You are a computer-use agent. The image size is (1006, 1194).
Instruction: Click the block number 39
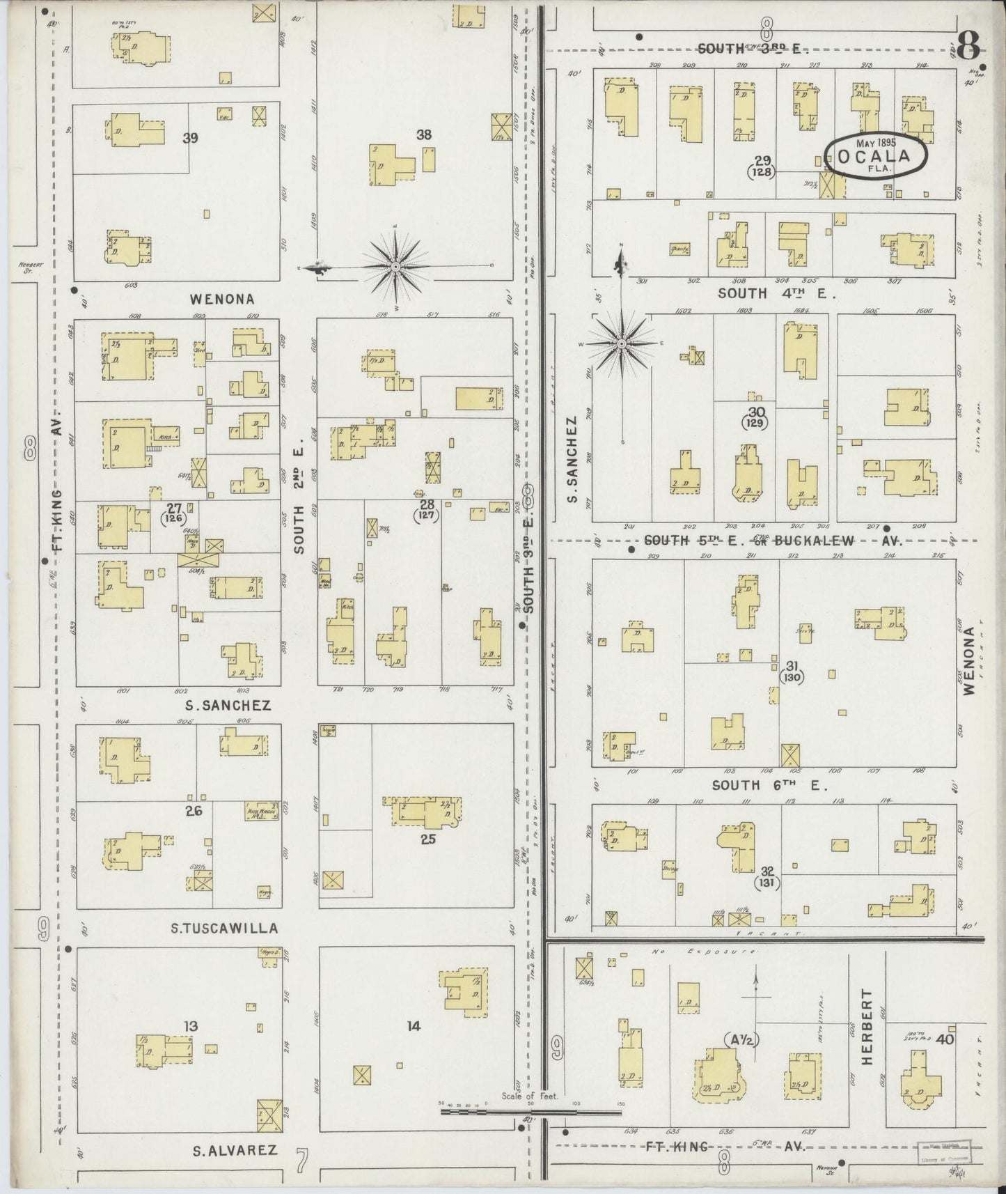[x=190, y=138]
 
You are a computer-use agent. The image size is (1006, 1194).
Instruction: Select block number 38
[x=424, y=134]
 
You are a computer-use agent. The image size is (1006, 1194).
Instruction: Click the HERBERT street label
[x=867, y=1026]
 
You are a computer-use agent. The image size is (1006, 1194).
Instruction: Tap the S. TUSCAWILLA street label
[x=225, y=928]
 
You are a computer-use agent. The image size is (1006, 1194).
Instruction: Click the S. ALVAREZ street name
[x=235, y=1150]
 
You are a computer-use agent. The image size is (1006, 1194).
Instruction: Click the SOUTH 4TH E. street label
[x=776, y=293]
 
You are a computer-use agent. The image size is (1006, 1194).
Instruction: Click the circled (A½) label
[x=740, y=1040]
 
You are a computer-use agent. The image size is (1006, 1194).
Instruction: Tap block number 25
[x=427, y=839]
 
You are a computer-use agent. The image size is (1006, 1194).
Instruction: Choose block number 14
[x=414, y=1025]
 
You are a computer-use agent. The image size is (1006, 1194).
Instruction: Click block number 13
[x=191, y=1025]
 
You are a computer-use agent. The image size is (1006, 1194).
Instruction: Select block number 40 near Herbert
[x=945, y=1039]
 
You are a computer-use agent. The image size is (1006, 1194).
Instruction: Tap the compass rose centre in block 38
[x=395, y=266]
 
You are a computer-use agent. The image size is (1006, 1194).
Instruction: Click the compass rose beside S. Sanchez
[x=622, y=343]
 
